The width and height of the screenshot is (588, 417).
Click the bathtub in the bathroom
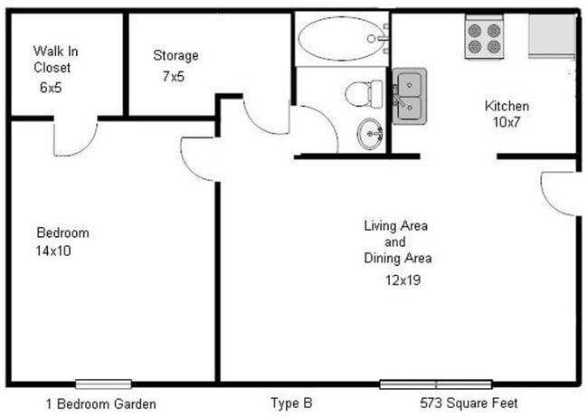[342, 38]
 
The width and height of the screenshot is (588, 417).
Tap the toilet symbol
[364, 92]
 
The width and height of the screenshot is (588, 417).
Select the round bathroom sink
[370, 134]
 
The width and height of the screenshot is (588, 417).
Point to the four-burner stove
[484, 38]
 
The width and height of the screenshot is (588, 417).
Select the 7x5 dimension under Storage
[173, 77]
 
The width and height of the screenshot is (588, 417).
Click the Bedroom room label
[62, 232]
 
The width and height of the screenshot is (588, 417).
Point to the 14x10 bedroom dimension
[54, 251]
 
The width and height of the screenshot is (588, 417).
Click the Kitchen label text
[507, 106]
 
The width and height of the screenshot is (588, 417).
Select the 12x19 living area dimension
[403, 280]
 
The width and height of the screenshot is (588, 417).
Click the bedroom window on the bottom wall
[103, 384]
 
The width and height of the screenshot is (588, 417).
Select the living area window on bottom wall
[435, 384]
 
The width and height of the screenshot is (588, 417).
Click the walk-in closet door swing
[75, 138]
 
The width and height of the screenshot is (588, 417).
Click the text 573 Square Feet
[469, 403]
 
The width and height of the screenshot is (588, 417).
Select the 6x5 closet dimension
[52, 88]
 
